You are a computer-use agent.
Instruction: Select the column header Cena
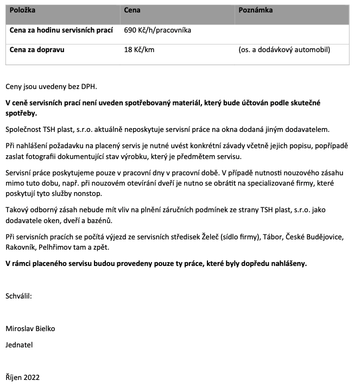coord(132,10)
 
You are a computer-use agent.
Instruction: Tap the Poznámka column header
coord(255,10)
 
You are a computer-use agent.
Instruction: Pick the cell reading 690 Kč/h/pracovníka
coord(157,30)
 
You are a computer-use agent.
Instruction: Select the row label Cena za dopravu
coord(37,50)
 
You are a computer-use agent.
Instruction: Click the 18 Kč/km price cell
coord(140,50)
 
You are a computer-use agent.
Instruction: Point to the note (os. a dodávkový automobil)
coord(284,50)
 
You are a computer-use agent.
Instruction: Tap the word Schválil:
coord(19,296)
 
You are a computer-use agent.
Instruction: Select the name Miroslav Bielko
coord(30,329)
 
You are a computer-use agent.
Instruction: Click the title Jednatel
coord(20,345)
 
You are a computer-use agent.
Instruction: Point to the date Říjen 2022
coord(22,377)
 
